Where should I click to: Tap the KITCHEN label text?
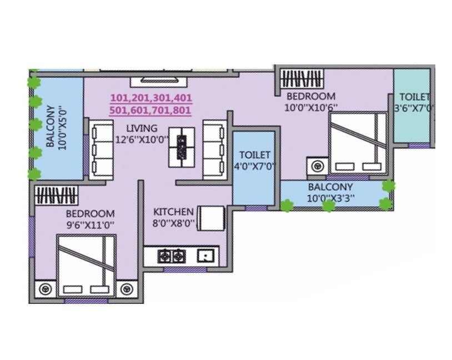[x=173, y=212]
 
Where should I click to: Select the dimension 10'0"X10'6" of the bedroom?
[x=311, y=106]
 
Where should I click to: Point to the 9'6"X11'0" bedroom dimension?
[x=90, y=224]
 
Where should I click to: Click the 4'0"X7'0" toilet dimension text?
[x=254, y=166]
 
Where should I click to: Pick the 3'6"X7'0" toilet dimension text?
[x=414, y=107]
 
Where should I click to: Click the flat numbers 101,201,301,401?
[x=151, y=98]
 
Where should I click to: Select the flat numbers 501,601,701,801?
[x=151, y=111]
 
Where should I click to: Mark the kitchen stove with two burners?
[x=171, y=256]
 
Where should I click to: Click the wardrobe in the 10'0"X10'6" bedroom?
[x=300, y=77]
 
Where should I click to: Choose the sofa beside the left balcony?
[x=102, y=148]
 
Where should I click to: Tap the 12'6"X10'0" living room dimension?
[x=142, y=140]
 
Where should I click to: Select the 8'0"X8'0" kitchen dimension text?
[x=173, y=224]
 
